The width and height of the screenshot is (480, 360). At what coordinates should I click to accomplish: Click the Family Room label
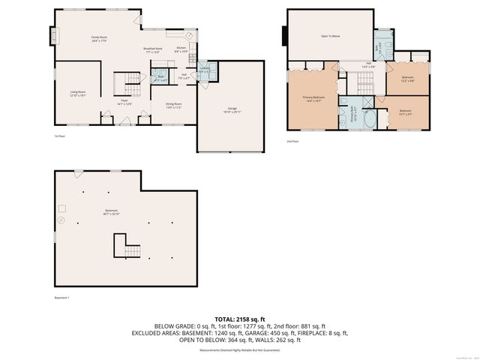(99, 37)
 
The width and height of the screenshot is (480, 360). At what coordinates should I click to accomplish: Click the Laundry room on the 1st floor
(204, 70)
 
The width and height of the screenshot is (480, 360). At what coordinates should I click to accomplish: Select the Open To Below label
(331, 34)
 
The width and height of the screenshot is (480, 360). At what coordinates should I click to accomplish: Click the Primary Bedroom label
(313, 98)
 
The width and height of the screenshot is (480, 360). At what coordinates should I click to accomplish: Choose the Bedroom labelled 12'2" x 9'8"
(407, 79)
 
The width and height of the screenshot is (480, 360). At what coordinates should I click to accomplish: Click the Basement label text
(111, 213)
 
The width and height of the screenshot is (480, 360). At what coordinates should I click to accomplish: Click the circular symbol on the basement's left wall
(61, 221)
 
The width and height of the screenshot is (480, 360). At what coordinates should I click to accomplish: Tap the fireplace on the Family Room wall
(52, 35)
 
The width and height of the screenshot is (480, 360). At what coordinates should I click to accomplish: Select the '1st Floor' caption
(59, 136)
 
